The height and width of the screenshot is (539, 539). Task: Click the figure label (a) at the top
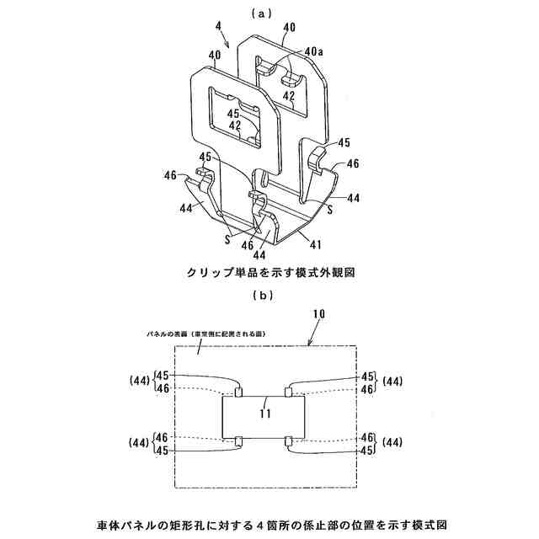[269, 13]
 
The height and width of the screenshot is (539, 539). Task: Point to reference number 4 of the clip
[219, 26]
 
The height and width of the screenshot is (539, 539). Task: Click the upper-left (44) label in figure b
[140, 382]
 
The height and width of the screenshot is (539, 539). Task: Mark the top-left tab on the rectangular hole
[239, 392]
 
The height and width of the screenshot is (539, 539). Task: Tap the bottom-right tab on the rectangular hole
[289, 440]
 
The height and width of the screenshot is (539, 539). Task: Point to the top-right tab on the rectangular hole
[289, 392]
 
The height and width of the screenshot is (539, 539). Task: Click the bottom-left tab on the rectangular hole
[239, 440]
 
